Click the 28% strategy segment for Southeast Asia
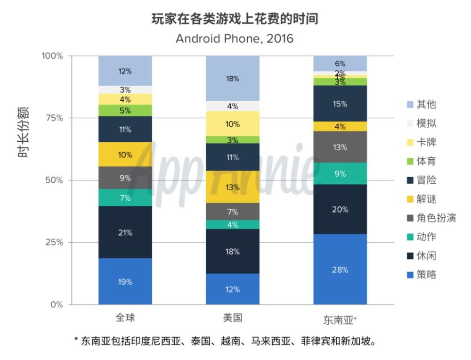(340, 270)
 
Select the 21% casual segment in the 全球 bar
(125, 232)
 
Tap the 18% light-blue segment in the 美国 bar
(232, 78)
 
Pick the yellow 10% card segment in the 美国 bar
(232, 124)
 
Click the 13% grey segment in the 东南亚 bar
(340, 147)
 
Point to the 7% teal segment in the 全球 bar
(125, 198)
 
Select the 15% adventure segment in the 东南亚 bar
(340, 104)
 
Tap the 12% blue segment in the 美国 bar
(232, 289)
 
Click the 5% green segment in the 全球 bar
(125, 111)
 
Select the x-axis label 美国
(232, 318)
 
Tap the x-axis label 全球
(125, 318)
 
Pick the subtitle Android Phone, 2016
(235, 38)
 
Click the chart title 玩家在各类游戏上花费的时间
(235, 19)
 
